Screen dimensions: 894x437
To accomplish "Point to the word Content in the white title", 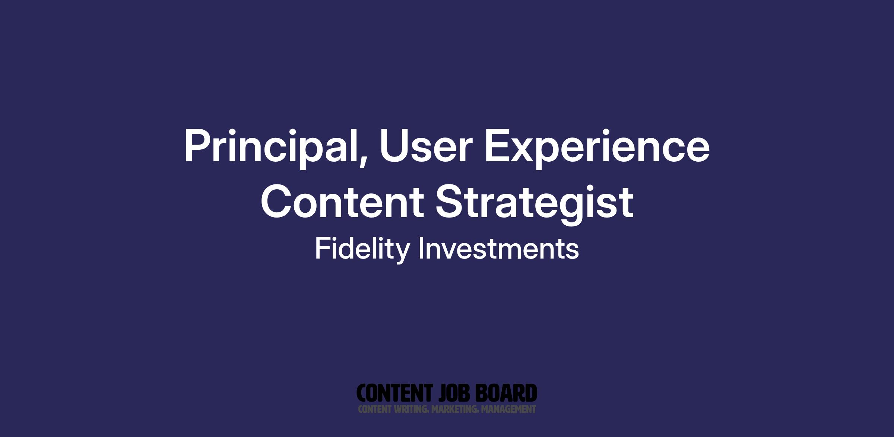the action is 342,202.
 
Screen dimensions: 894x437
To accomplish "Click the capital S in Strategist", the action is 448,202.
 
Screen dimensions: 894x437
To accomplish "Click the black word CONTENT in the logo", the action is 394,393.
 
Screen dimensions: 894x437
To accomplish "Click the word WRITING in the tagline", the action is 412,409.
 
